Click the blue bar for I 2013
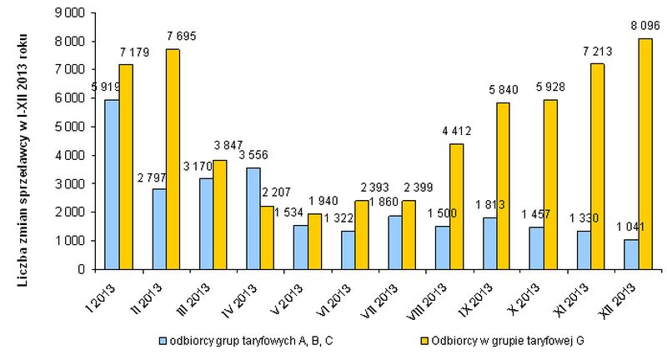click(111, 184)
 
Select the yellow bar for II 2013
click(173, 159)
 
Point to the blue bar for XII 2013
click(631, 254)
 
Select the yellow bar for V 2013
click(315, 241)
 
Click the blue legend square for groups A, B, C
click(163, 341)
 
